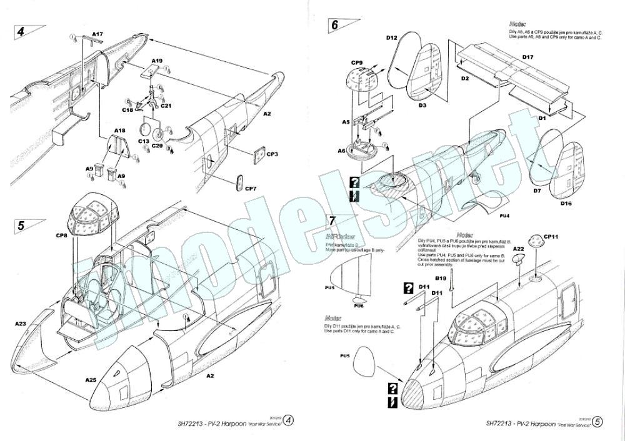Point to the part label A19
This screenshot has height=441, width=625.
[157, 61]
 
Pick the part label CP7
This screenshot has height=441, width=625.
[250, 188]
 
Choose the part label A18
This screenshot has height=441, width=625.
[119, 131]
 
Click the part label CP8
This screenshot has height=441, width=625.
[61, 235]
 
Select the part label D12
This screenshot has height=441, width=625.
[392, 38]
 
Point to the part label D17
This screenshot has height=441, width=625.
[527, 57]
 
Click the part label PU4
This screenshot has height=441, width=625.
[505, 216]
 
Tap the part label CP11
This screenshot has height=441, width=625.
[551, 237]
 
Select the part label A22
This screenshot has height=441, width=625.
[518, 249]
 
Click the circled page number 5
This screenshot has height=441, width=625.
[598, 422]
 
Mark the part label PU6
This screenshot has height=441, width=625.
[358, 305]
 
